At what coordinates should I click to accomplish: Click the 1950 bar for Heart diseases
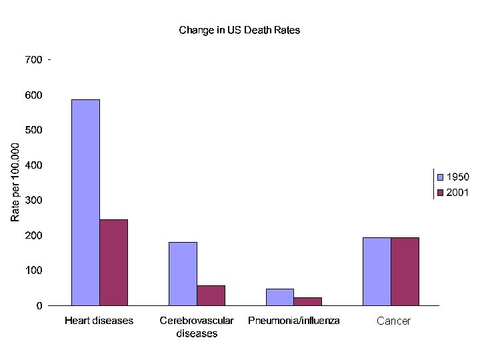[86, 203]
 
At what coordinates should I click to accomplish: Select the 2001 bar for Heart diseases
[113, 263]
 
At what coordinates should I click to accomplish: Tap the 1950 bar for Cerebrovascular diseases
[183, 274]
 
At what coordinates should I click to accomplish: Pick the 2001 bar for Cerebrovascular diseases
[211, 295]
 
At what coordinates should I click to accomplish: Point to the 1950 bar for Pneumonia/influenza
[280, 297]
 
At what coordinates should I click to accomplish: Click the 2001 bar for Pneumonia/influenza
[307, 301]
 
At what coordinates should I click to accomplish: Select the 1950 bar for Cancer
[377, 271]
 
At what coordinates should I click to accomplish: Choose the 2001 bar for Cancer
[405, 271]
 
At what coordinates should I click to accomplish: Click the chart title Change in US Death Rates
[239, 30]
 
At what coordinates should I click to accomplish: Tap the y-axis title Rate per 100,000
[15, 182]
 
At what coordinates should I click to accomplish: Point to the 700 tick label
[33, 60]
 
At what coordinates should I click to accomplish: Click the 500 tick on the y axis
[33, 130]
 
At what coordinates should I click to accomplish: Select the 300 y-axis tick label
[33, 200]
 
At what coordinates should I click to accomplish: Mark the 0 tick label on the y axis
[39, 305]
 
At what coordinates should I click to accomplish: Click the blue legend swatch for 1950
[440, 177]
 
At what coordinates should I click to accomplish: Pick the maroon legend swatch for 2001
[440, 193]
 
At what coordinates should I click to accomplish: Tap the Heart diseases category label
[99, 321]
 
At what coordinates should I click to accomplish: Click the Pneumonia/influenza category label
[294, 321]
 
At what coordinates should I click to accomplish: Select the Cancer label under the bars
[394, 321]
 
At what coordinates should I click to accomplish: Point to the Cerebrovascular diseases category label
[197, 327]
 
